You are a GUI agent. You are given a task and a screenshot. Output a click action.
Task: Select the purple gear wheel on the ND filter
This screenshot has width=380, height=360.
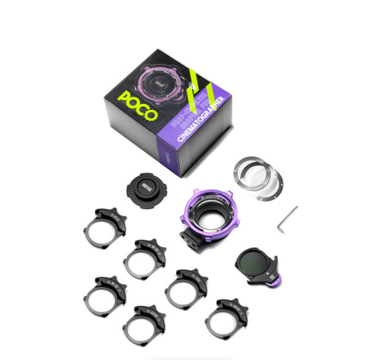275,284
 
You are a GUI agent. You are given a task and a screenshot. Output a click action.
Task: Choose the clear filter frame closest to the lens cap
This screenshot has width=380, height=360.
104,226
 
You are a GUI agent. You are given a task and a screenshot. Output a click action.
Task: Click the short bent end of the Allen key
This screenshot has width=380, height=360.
281,229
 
